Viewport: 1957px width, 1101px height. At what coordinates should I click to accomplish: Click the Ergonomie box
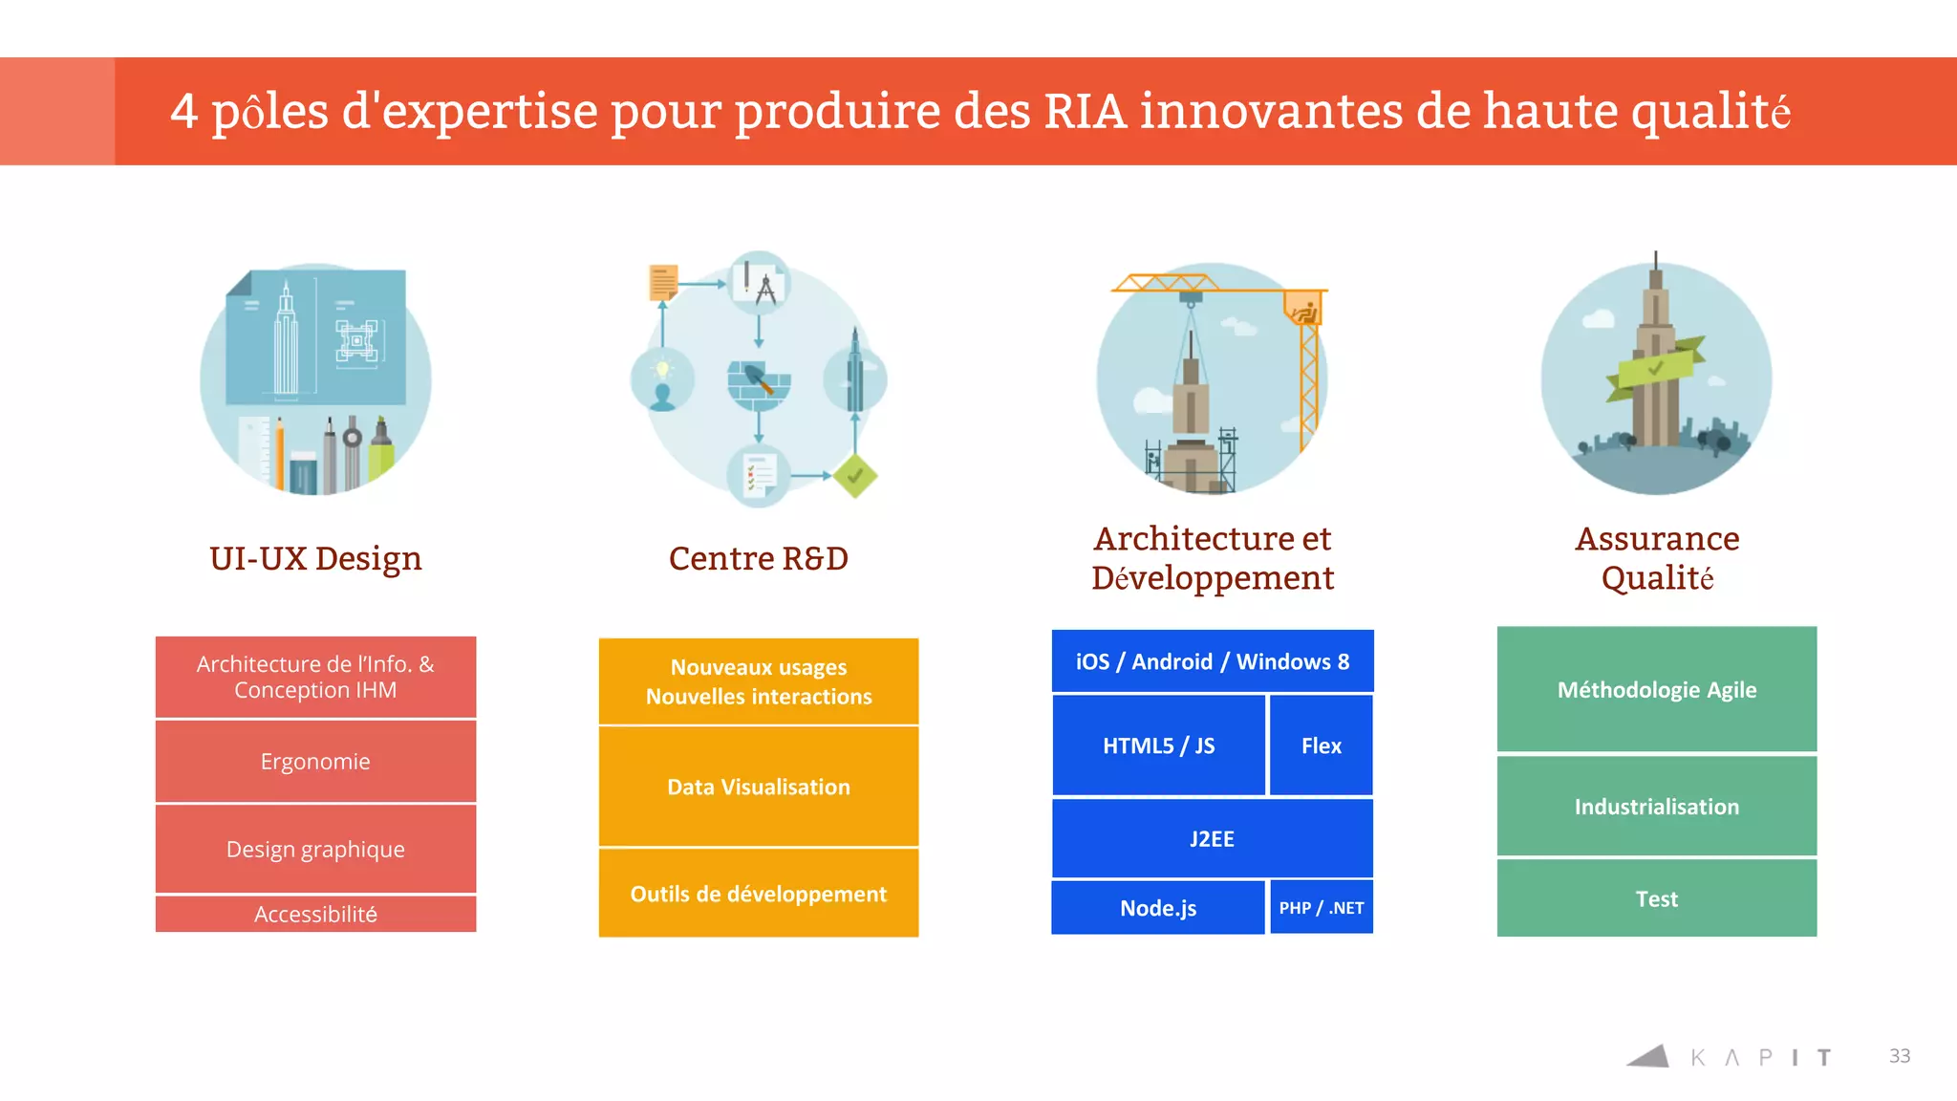pyautogui.click(x=315, y=761)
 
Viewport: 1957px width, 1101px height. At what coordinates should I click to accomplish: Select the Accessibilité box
pyautogui.click(x=315, y=914)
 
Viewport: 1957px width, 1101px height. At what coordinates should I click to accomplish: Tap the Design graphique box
pyautogui.click(x=315, y=849)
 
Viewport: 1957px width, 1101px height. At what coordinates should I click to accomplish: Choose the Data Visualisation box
pyautogui.click(x=758, y=787)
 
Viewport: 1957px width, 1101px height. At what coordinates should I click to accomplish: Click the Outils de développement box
pyautogui.click(x=758, y=894)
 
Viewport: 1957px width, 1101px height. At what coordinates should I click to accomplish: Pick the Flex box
pyautogui.click(x=1321, y=745)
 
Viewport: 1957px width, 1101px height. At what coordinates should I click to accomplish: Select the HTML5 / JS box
pyautogui.click(x=1158, y=745)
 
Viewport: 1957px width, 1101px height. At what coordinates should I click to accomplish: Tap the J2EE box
pyautogui.click(x=1212, y=838)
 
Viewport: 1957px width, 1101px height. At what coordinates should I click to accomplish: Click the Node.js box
pyautogui.click(x=1157, y=907)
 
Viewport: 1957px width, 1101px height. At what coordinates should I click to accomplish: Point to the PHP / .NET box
pyautogui.click(x=1321, y=907)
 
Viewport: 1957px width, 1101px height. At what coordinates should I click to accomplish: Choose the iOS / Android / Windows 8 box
pyautogui.click(x=1212, y=661)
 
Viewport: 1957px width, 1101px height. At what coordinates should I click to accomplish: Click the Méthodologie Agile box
pyautogui.click(x=1656, y=689)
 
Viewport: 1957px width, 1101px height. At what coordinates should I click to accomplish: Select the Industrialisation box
pyautogui.click(x=1656, y=806)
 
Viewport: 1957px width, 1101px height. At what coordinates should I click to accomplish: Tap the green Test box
pyautogui.click(x=1656, y=898)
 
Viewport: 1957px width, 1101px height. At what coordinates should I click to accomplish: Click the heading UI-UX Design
pyautogui.click(x=315, y=558)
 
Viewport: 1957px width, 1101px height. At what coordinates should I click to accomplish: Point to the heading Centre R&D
pyautogui.click(x=758, y=558)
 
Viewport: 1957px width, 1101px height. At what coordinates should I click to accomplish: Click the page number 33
pyautogui.click(x=1899, y=1055)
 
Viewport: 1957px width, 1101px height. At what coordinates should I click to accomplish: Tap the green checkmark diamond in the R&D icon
pyautogui.click(x=854, y=475)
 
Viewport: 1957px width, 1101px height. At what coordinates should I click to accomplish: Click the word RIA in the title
pyautogui.click(x=1085, y=111)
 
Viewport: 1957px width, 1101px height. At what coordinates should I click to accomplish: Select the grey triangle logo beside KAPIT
pyautogui.click(x=1649, y=1056)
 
